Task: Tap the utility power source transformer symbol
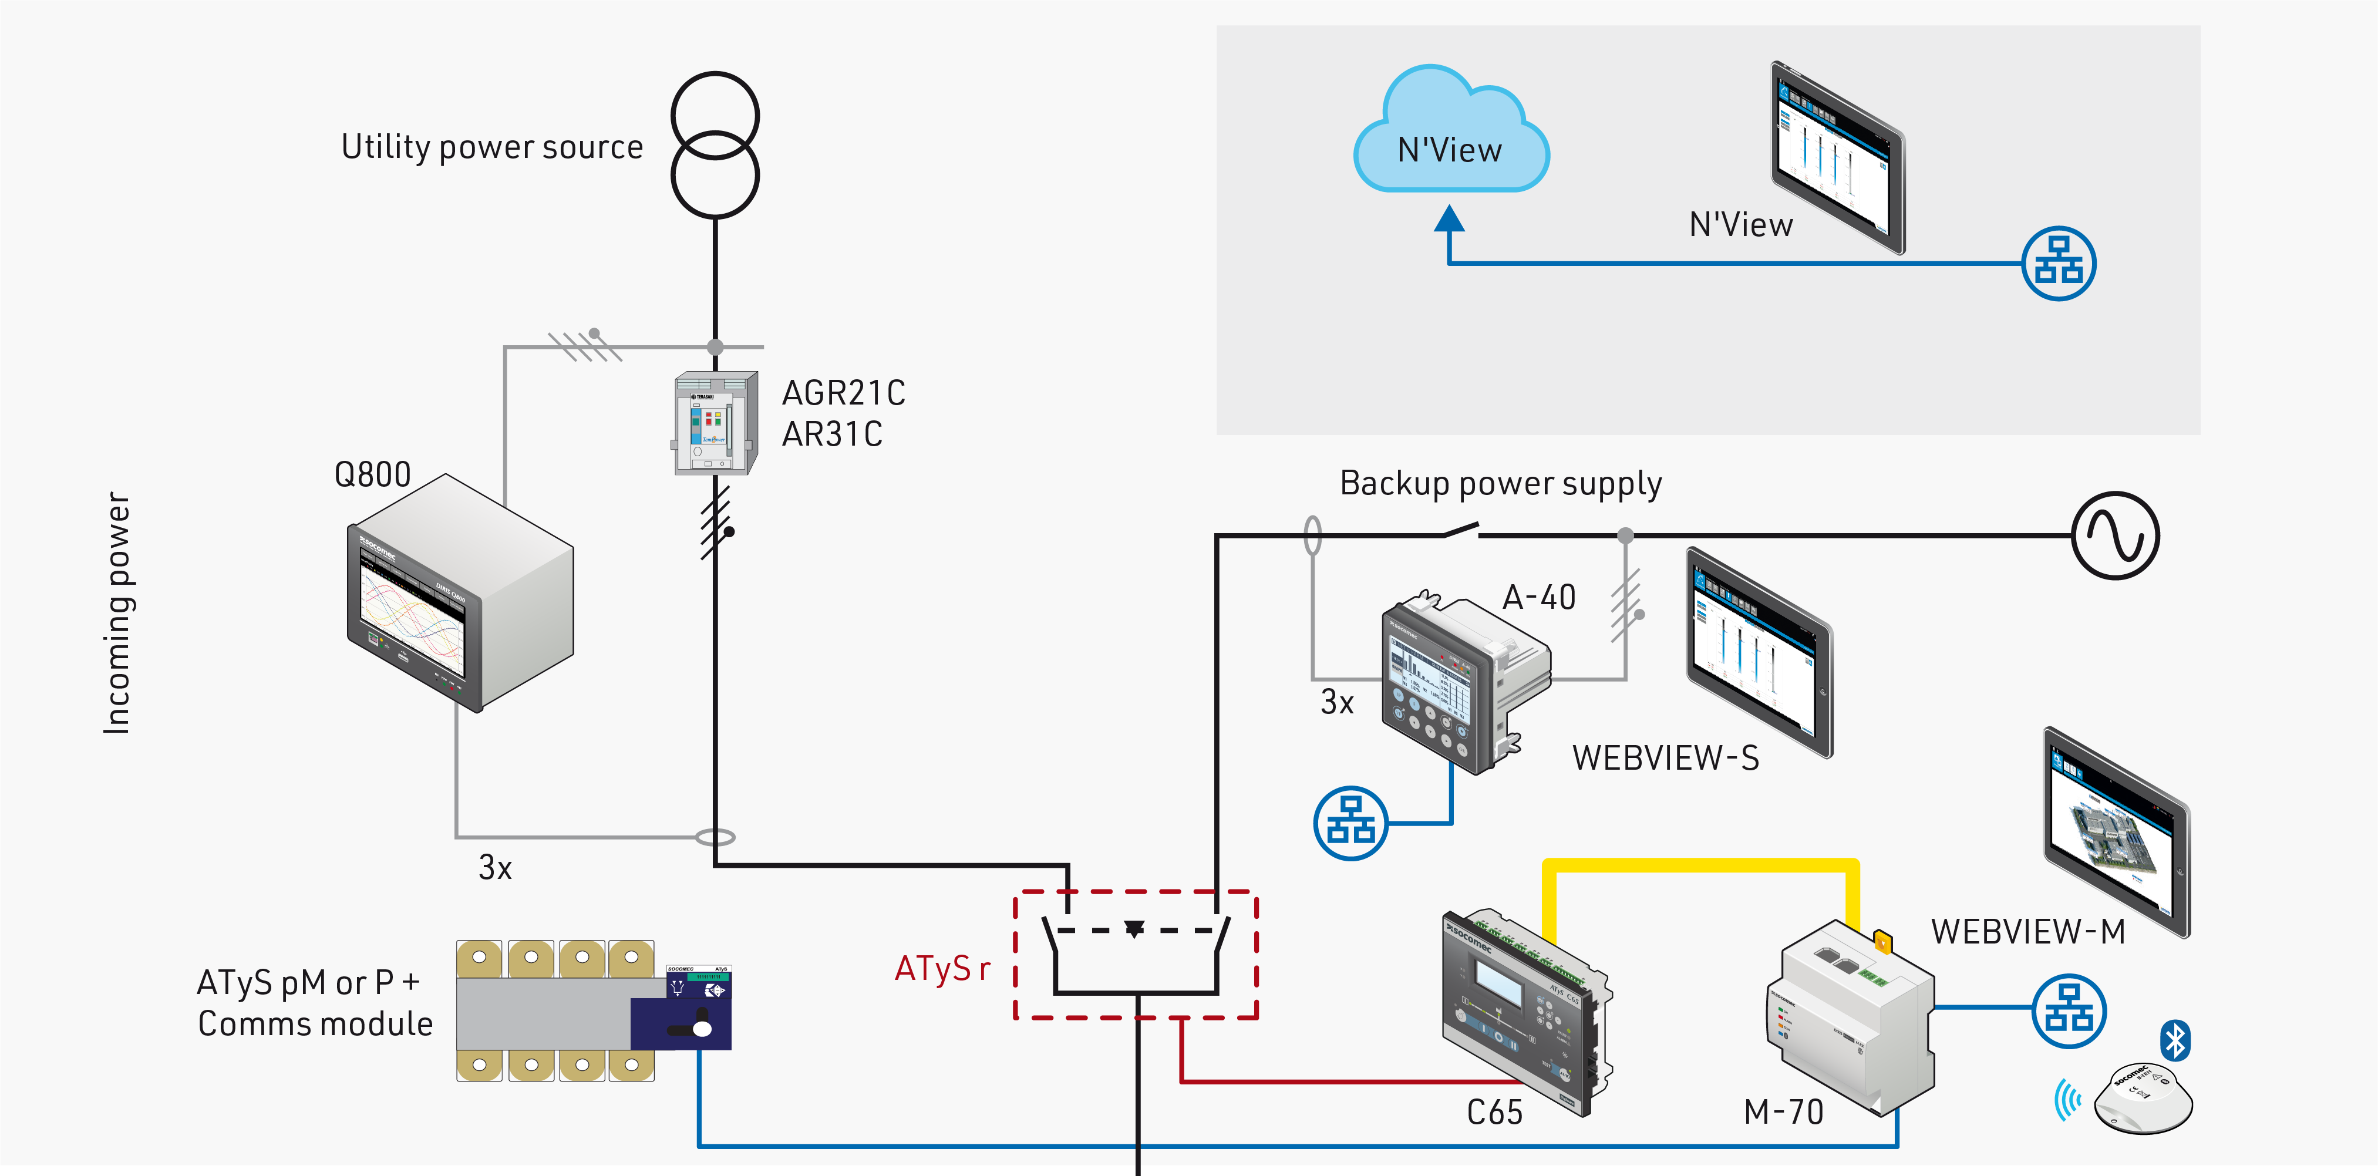[715, 145]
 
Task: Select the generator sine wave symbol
[2115, 535]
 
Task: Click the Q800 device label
[372, 474]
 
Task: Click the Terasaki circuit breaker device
[715, 423]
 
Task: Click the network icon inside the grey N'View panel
[2059, 263]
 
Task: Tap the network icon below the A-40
[1350, 823]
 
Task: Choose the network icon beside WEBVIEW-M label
[2069, 1011]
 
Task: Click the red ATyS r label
[942, 968]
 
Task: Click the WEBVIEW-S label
[1665, 758]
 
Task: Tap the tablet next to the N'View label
[1837, 157]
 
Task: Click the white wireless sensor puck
[2143, 1097]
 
